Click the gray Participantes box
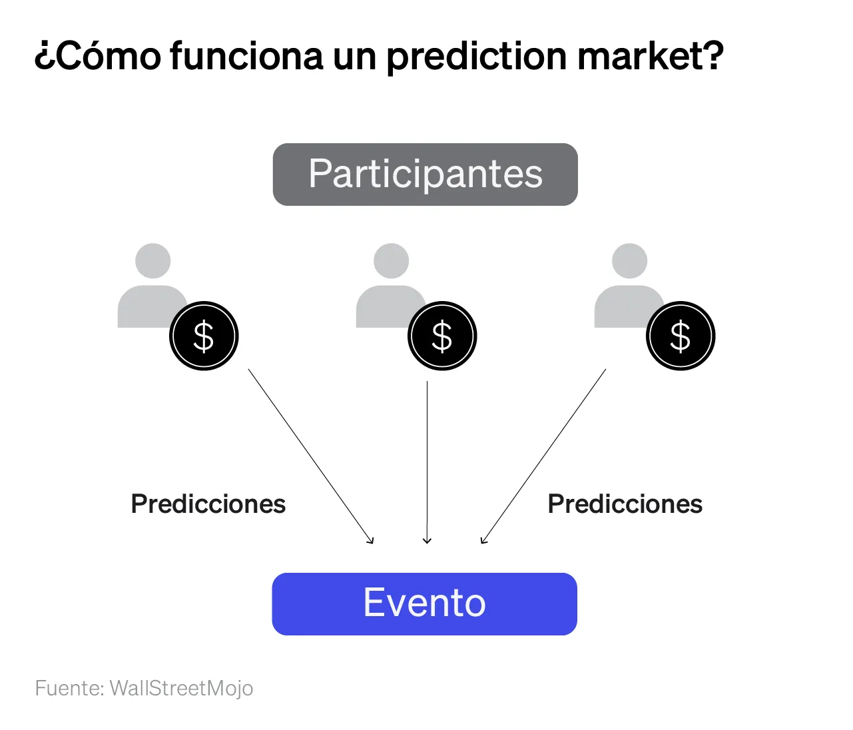425,175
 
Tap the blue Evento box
424,603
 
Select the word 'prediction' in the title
477,57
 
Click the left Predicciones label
208,504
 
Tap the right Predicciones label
625,504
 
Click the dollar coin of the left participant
204,336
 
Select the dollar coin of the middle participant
442,336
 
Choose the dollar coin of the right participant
681,336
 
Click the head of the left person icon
153,260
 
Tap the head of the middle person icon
392,260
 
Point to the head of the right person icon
629,260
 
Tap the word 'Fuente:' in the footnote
70,688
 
